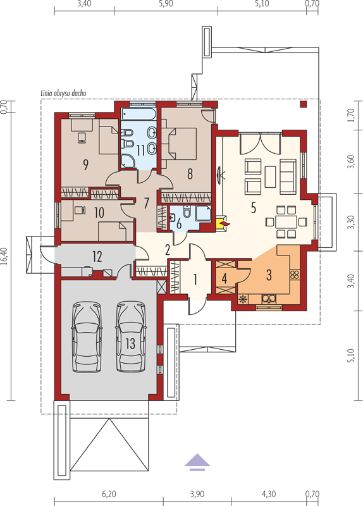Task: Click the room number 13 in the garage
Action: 130,343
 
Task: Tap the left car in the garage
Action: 87,336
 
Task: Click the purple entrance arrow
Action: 197,462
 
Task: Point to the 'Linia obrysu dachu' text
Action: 63,93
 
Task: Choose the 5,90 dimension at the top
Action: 166,4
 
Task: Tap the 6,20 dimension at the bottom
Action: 109,494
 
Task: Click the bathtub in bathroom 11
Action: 139,116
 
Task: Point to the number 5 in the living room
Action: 254,208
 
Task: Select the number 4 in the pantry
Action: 225,278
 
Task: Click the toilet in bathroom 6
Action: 187,211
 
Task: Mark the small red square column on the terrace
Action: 303,104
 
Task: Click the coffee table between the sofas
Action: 271,176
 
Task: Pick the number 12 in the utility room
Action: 97,257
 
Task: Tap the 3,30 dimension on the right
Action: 352,222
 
